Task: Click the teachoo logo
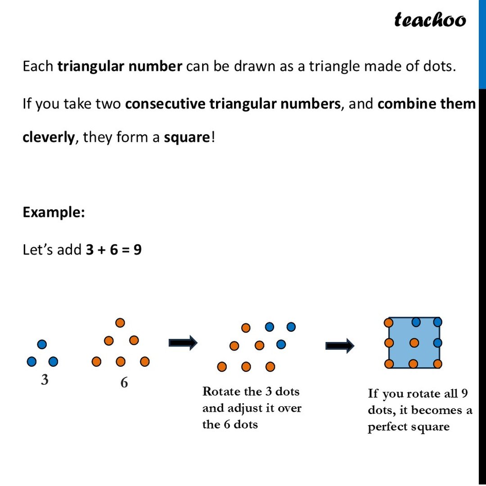pyautogui.click(x=430, y=19)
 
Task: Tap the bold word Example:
pyautogui.click(x=54, y=212)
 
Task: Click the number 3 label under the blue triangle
pyautogui.click(x=45, y=380)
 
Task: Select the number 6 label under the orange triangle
pyautogui.click(x=124, y=382)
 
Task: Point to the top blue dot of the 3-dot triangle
pyautogui.click(x=42, y=344)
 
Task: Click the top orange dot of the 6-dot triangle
pyautogui.click(x=120, y=323)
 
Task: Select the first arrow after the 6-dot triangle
pyautogui.click(x=183, y=343)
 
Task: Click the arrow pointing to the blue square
pyautogui.click(x=340, y=346)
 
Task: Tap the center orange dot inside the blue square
pyautogui.click(x=414, y=343)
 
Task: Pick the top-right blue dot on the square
pyautogui.click(x=437, y=322)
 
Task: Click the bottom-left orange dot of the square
pyautogui.click(x=388, y=364)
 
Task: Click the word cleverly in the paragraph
pyautogui.click(x=48, y=137)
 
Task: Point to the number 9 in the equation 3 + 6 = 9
pyautogui.click(x=137, y=249)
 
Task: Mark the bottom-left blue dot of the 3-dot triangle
pyautogui.click(x=31, y=361)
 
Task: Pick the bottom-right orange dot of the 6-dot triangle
pyautogui.click(x=144, y=361)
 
